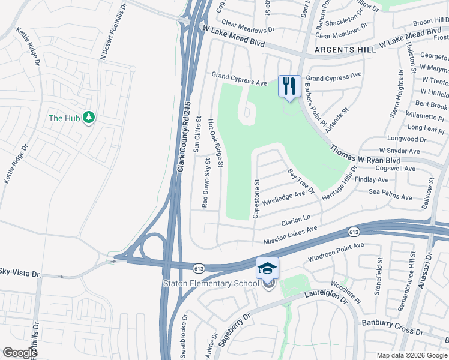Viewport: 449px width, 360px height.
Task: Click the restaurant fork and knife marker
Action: coord(289,86)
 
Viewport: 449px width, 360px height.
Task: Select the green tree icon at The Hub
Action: coord(89,117)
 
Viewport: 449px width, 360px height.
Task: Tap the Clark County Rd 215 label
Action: coord(184,137)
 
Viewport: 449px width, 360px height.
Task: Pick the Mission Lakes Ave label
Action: coord(291,235)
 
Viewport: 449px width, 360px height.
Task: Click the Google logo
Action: coord(20,353)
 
